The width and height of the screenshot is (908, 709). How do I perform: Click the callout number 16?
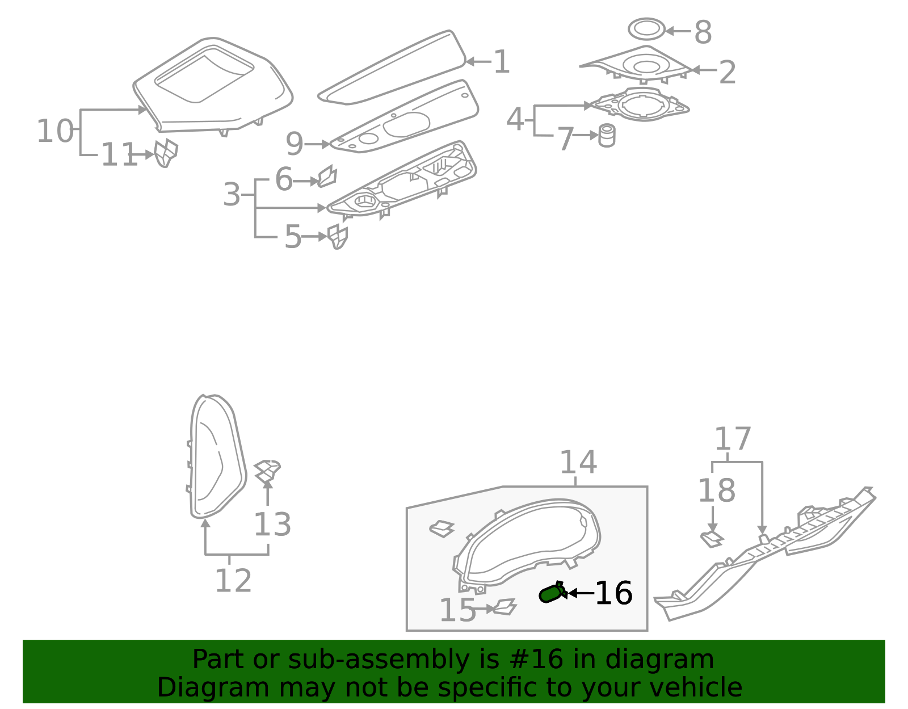[x=613, y=594]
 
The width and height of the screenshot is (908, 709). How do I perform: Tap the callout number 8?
[x=703, y=32]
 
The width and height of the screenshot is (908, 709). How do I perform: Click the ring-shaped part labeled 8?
[x=646, y=29]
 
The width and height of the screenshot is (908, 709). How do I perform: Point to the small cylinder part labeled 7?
[x=607, y=136]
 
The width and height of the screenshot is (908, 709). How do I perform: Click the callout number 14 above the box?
[x=578, y=463]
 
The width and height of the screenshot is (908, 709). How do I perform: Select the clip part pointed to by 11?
[x=166, y=153]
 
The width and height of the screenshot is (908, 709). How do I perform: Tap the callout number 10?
[x=54, y=132]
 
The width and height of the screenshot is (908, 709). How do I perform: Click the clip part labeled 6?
[x=327, y=177]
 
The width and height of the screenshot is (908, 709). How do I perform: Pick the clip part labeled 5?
[x=338, y=236]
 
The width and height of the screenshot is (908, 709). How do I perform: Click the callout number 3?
[x=232, y=195]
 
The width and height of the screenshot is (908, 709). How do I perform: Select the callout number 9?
[x=294, y=144]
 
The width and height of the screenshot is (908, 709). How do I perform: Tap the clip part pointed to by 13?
[x=267, y=471]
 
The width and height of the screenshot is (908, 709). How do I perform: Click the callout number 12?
[x=233, y=581]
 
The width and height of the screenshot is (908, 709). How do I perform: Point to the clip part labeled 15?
[x=504, y=607]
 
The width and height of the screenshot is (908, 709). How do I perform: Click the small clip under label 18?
[x=711, y=539]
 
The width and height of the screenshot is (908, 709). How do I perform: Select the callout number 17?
[x=732, y=439]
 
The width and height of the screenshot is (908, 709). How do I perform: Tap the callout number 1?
[x=501, y=62]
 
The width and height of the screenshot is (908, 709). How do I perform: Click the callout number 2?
[x=727, y=73]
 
